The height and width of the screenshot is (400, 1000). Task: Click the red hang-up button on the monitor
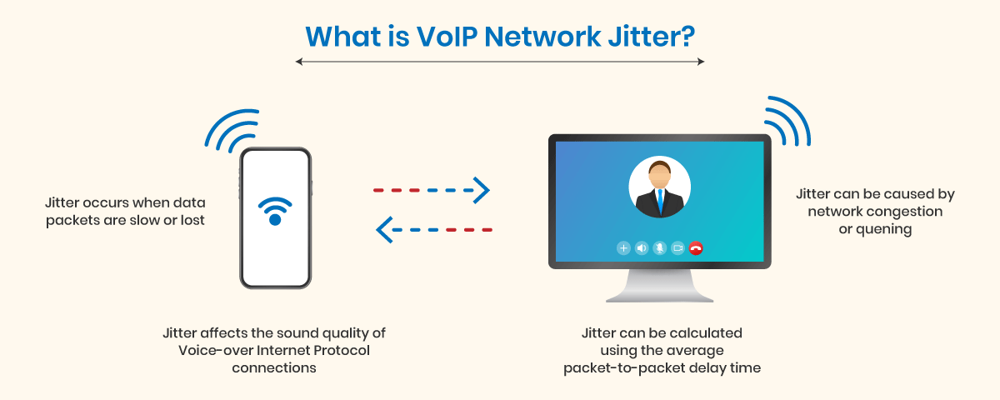click(696, 247)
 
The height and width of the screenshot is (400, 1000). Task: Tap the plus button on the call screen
click(623, 247)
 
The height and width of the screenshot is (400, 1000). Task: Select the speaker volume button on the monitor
click(642, 247)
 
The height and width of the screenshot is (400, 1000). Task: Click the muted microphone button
click(660, 247)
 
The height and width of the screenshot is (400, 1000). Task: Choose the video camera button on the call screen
click(677, 247)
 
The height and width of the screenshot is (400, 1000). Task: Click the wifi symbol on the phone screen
click(275, 211)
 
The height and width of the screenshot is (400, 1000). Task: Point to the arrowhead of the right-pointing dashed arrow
click(482, 190)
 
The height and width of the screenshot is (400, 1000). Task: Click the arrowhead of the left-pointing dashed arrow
click(384, 230)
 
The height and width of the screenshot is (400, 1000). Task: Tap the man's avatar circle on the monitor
click(659, 187)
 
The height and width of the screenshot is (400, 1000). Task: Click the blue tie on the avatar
click(660, 201)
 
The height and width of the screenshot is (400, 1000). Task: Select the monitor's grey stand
click(659, 286)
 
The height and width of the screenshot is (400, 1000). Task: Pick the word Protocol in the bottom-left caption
click(342, 350)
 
